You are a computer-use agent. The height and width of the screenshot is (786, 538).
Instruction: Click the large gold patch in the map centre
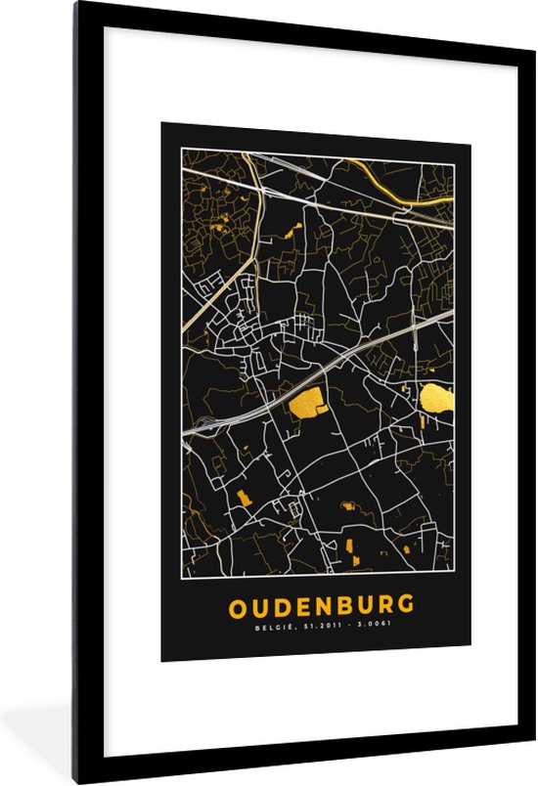(x=307, y=400)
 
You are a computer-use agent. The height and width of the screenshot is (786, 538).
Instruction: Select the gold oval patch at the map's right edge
(x=437, y=397)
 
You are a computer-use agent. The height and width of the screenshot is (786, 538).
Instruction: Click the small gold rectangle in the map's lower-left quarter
(x=243, y=498)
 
